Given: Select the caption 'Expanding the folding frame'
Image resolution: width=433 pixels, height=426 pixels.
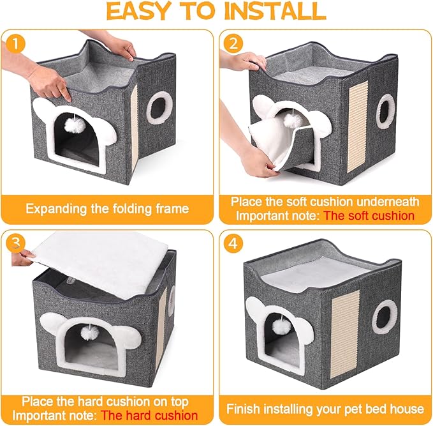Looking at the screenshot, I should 106,208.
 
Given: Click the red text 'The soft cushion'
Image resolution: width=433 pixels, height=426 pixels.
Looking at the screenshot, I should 369,215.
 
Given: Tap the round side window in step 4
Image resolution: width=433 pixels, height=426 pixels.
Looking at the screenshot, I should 385,316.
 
